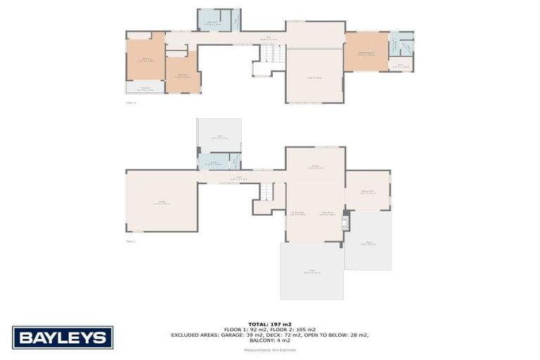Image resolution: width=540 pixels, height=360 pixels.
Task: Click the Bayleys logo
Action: (63, 337)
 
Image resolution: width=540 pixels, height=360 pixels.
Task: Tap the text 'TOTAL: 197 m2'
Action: (269, 324)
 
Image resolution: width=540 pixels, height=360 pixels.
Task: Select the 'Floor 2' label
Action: (130, 103)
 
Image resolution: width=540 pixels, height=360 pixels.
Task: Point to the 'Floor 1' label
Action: (130, 241)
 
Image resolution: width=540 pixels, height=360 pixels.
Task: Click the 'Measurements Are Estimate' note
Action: (269, 350)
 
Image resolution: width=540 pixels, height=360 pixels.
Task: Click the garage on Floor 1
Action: (161, 201)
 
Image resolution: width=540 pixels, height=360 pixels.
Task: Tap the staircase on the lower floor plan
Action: (267, 191)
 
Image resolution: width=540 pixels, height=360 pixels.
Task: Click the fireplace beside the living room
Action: (345, 223)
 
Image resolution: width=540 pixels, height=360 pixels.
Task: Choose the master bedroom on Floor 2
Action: (366, 51)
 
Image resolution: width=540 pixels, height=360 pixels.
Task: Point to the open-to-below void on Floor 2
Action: (314, 75)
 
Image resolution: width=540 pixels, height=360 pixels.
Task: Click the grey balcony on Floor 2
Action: (145, 89)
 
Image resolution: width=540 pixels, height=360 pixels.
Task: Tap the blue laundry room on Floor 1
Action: (214, 162)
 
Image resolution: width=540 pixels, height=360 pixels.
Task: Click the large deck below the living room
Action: (311, 271)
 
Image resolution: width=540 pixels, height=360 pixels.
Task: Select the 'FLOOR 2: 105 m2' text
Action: (293, 330)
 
